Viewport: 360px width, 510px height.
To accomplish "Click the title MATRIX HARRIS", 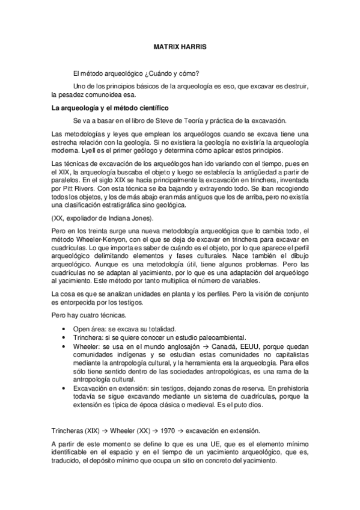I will tap(180, 45).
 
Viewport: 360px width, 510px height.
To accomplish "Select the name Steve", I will tap(169, 120).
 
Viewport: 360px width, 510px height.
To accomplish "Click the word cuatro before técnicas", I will tap(84, 316).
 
